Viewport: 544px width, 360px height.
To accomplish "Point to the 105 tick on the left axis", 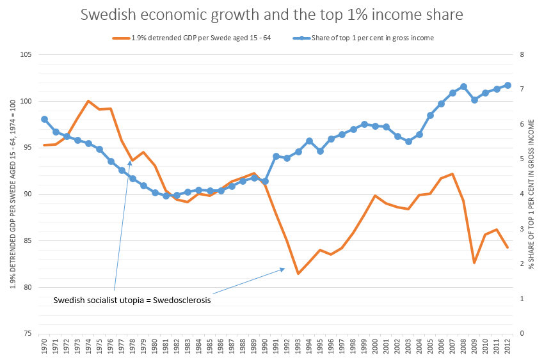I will tap(26, 55).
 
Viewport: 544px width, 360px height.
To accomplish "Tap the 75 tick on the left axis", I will tap(28, 334).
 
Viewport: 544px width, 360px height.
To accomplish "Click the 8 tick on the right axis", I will tap(522, 55).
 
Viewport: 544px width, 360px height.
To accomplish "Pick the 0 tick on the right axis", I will tap(522, 334).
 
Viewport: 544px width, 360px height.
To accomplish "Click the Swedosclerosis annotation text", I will tap(132, 299).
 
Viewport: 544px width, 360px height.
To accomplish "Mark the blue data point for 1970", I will tap(44, 119).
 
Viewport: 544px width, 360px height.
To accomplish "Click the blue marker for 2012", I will tap(508, 85).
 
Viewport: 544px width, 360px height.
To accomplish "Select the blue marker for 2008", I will tap(463, 87).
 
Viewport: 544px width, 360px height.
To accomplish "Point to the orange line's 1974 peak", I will tap(88, 101).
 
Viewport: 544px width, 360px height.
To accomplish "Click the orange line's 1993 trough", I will tap(298, 274).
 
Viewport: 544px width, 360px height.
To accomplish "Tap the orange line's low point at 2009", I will tap(474, 263).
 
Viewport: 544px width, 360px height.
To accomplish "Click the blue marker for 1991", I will tap(276, 156).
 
